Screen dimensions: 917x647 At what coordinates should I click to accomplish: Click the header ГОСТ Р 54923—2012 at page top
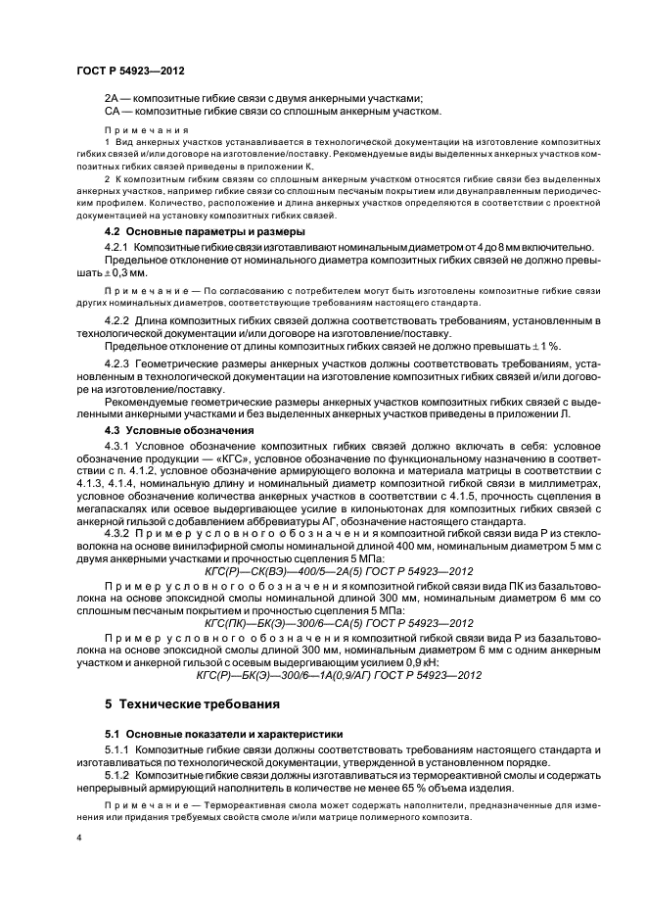(130, 72)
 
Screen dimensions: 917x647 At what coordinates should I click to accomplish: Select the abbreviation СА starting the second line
(112, 112)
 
